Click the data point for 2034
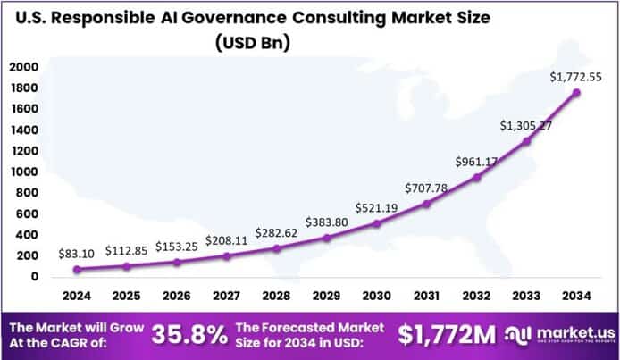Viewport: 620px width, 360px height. [x=577, y=92]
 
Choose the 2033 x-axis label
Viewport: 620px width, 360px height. [x=525, y=296]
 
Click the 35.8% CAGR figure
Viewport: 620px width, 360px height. [x=189, y=336]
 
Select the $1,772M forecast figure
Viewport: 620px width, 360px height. [x=447, y=336]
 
